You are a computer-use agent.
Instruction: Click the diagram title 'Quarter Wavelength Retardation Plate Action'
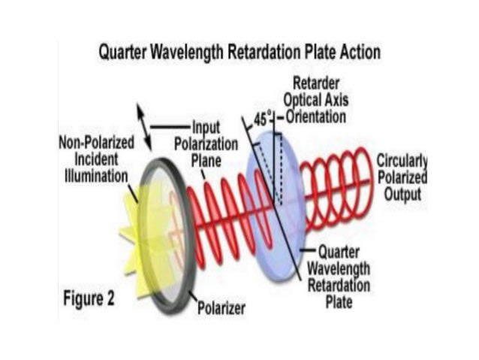(x=239, y=53)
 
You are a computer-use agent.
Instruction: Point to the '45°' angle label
(x=262, y=118)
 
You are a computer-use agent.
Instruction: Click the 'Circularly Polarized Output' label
(x=402, y=177)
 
